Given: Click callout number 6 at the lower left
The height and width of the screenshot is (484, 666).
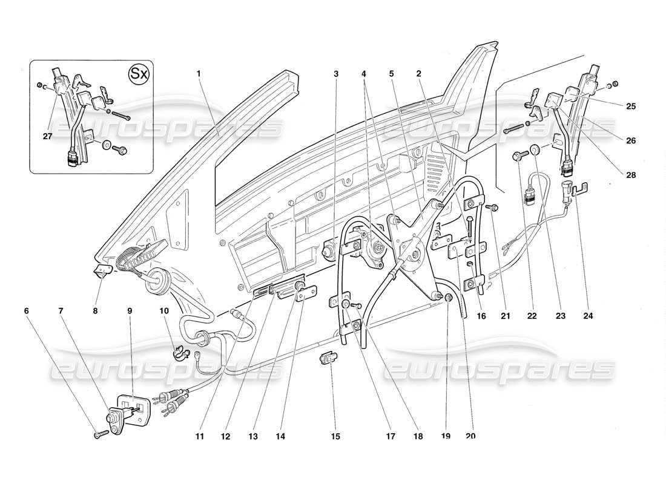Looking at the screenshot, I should [26, 311].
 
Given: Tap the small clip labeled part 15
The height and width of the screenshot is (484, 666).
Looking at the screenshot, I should [326, 359].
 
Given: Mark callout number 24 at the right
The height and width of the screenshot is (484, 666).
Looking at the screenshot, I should [588, 315].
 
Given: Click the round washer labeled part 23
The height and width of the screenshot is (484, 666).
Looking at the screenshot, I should [535, 150].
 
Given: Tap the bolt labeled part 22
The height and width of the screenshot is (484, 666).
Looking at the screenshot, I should [518, 156].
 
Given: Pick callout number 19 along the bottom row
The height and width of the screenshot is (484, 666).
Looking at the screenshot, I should [447, 436].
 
